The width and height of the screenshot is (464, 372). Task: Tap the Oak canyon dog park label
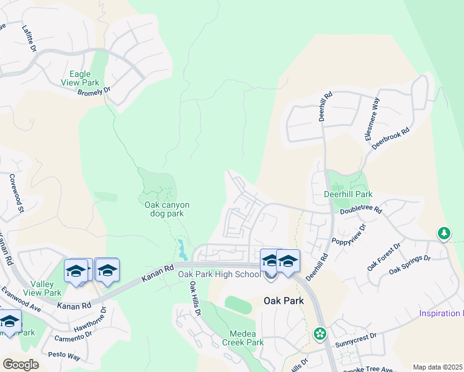[167, 209]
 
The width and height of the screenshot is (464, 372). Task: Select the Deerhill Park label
[347, 193]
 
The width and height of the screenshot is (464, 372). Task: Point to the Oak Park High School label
[219, 274]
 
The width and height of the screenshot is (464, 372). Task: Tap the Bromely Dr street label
[93, 91]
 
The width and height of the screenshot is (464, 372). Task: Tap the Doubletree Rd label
[361, 210]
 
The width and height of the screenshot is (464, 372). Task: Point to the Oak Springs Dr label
[409, 265]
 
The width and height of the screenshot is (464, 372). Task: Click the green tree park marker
[444, 234]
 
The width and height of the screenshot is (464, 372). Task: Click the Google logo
[20, 365]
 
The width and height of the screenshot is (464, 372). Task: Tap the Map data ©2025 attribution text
[437, 367]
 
